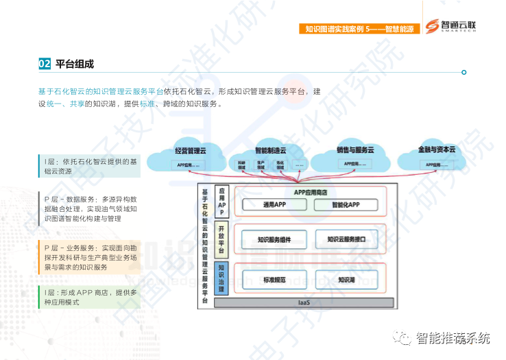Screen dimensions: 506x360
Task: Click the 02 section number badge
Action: click(x=45, y=64)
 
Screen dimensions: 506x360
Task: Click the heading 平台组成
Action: click(x=74, y=64)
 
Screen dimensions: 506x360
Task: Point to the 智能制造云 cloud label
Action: click(x=270, y=149)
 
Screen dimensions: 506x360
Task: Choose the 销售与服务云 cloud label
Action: click(x=354, y=149)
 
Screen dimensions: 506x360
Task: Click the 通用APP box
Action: click(x=274, y=204)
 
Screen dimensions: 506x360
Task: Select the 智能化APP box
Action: click(x=346, y=204)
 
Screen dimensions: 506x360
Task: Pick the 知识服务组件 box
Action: click(x=274, y=239)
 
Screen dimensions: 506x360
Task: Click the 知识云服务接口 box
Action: click(x=346, y=239)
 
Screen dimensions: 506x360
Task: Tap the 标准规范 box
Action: click(x=274, y=280)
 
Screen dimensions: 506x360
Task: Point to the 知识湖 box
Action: click(x=346, y=280)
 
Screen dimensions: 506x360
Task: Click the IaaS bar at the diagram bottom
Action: click(x=304, y=302)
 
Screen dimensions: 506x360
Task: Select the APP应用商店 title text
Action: click(x=310, y=192)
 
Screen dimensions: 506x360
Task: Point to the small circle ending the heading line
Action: click(x=464, y=72)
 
